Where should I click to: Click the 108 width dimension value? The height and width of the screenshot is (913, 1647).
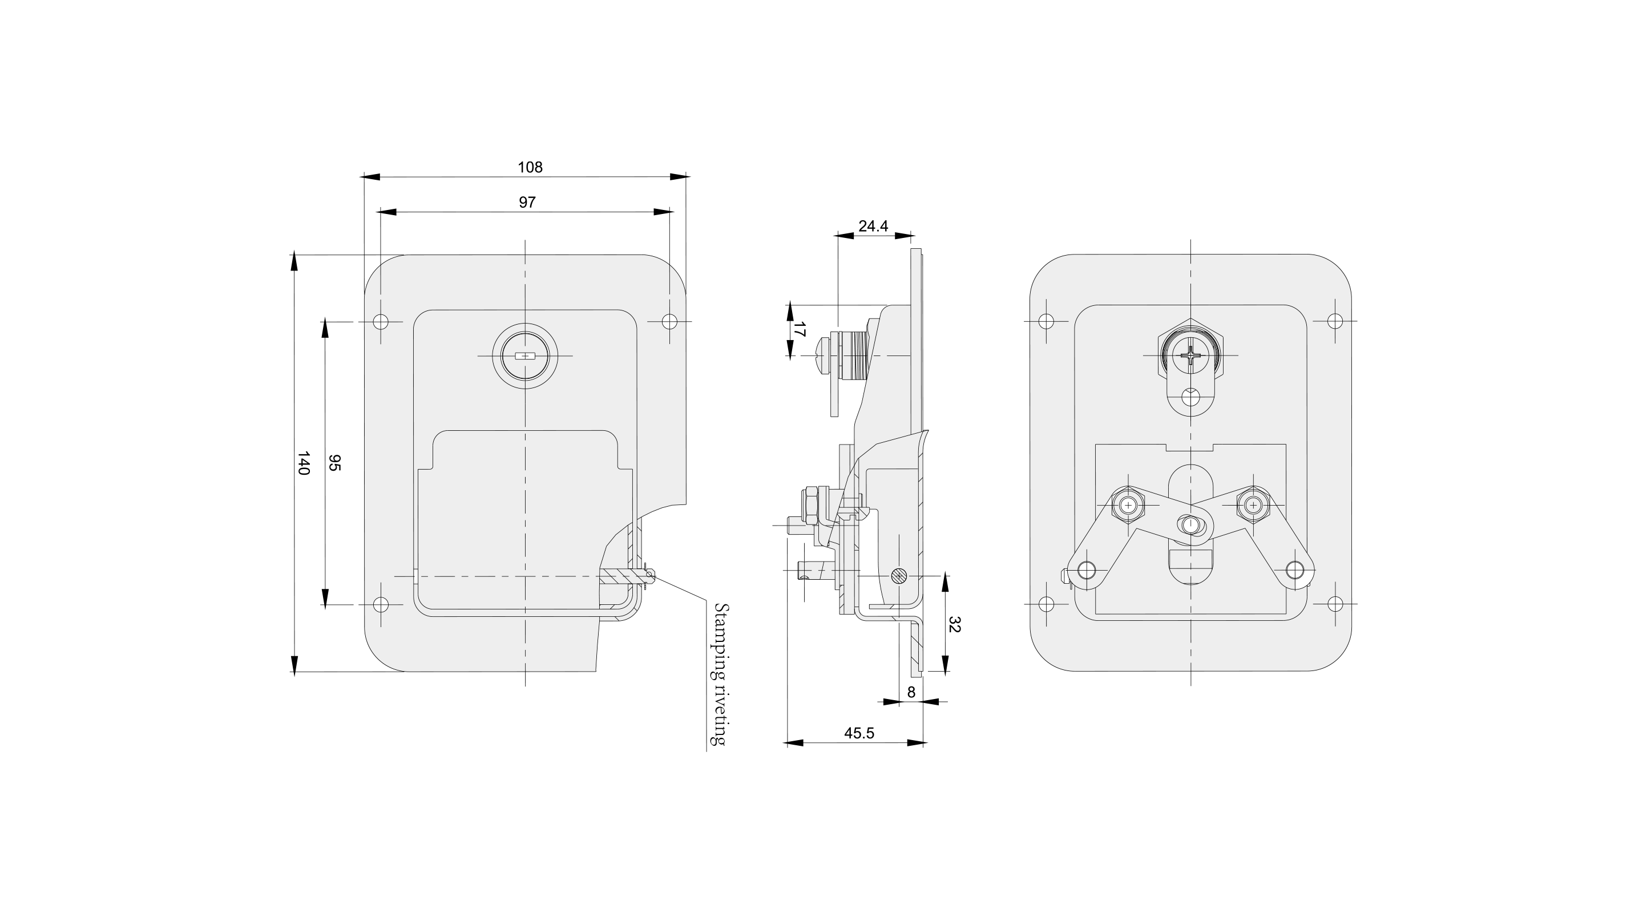[x=530, y=168]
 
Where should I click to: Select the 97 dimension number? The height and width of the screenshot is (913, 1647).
[x=527, y=203]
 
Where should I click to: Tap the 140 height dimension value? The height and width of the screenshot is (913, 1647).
[x=303, y=463]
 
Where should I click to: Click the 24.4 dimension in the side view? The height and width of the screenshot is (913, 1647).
[x=873, y=227]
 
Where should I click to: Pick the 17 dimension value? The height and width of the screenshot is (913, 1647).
[x=799, y=329]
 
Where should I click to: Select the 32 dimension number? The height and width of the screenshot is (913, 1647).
[x=955, y=624]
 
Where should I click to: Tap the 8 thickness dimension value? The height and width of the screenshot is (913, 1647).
[x=911, y=692]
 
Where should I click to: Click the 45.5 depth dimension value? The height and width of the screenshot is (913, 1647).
[x=859, y=733]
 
